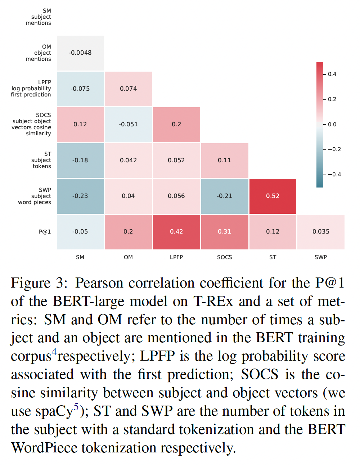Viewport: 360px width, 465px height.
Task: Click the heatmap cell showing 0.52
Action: (x=273, y=196)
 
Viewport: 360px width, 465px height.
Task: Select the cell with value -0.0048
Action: (x=80, y=53)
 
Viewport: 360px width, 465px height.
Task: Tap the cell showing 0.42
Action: (x=176, y=231)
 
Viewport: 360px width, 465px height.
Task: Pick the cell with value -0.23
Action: (x=80, y=196)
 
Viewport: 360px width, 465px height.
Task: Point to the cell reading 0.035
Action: (x=321, y=231)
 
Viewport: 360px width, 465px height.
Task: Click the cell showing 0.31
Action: (x=225, y=231)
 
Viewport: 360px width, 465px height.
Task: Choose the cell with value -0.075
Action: (x=80, y=89)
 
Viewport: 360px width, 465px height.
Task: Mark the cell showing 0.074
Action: (x=128, y=89)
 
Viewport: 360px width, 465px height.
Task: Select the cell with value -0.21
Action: (x=225, y=196)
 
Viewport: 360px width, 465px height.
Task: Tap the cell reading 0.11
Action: (x=225, y=160)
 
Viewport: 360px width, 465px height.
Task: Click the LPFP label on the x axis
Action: (x=176, y=257)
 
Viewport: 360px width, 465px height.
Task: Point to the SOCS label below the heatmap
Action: (x=225, y=257)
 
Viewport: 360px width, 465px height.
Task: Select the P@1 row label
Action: (x=45, y=231)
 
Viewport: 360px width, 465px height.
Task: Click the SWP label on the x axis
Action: (x=321, y=257)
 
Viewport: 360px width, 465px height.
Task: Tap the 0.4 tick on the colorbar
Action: (x=332, y=74)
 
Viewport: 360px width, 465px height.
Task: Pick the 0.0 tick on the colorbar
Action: (x=332, y=125)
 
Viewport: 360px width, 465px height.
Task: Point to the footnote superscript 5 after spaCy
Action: (x=76, y=407)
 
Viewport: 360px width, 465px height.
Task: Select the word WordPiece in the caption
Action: (x=44, y=448)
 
